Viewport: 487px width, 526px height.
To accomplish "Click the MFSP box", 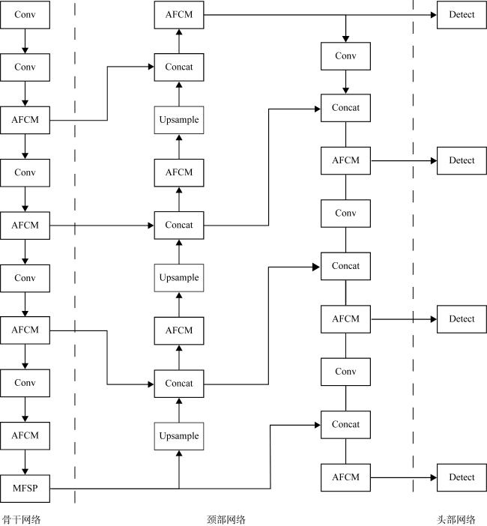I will [25, 489].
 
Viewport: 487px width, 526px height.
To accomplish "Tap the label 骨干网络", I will [21, 519].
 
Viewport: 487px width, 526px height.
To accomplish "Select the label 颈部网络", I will [226, 519].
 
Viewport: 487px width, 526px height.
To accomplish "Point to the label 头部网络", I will [456, 519].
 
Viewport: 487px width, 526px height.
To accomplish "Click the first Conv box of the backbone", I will [25, 15].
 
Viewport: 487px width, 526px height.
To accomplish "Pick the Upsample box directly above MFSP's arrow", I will [179, 436].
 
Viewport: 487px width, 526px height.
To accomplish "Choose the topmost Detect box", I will [462, 15].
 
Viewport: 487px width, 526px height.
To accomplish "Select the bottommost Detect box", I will [462, 477].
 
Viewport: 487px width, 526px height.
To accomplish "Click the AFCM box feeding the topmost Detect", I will [179, 15].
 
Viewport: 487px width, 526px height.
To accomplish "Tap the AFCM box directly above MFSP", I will [25, 435].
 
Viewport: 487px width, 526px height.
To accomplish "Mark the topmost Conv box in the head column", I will [345, 56].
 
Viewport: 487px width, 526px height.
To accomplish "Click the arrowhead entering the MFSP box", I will [25, 470].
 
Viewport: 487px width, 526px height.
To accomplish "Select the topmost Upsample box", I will [179, 120].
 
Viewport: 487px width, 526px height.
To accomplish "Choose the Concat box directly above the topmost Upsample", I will [179, 67].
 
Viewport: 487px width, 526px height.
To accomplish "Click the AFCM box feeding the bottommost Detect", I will [345, 477].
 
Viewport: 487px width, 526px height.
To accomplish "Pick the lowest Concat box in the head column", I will [345, 425].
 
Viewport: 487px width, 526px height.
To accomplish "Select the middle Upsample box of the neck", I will [179, 278].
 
